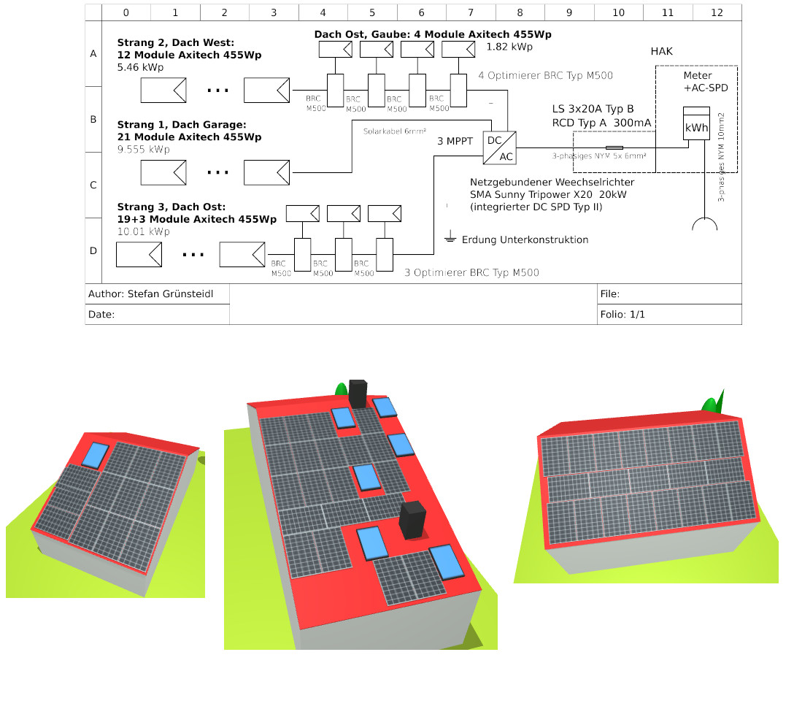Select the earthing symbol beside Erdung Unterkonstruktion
click(x=450, y=238)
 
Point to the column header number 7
click(x=471, y=12)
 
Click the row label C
click(x=93, y=185)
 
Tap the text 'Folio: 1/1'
click(x=623, y=315)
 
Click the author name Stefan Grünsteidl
click(x=170, y=294)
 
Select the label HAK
click(x=661, y=51)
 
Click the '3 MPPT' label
click(x=455, y=141)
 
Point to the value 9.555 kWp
click(x=143, y=150)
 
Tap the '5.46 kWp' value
click(x=140, y=67)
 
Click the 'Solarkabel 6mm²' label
click(x=394, y=131)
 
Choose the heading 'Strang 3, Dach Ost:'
click(x=171, y=207)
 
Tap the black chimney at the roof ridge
click(x=358, y=394)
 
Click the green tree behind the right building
click(x=713, y=402)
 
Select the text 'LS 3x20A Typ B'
click(x=593, y=110)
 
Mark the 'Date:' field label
click(x=101, y=315)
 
